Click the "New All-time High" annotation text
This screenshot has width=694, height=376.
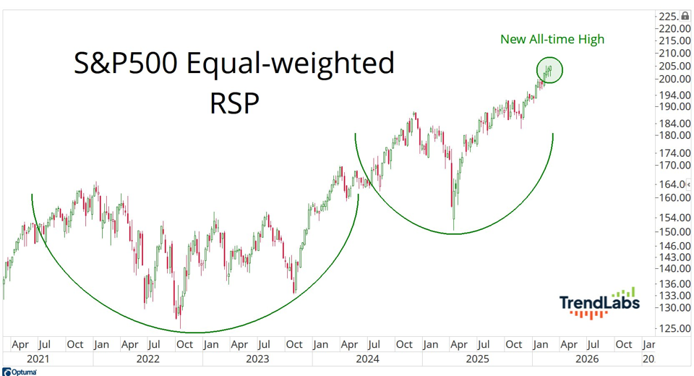click(552, 39)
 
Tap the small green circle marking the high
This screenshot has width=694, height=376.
click(549, 69)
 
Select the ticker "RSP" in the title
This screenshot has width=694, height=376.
click(234, 103)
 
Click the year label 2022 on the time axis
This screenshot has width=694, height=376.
click(147, 359)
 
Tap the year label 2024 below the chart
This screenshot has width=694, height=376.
click(367, 359)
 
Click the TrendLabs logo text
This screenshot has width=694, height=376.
click(599, 303)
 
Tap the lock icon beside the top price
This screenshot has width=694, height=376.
click(685, 16)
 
